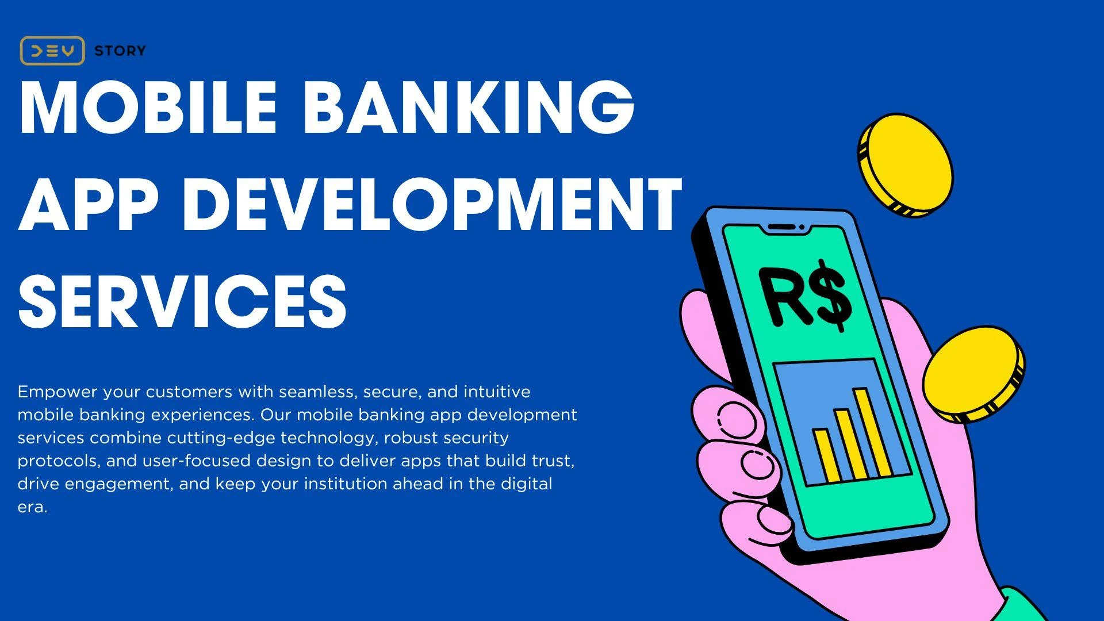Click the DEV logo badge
(x=52, y=51)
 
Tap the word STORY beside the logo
(x=120, y=51)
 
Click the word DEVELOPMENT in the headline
(x=432, y=204)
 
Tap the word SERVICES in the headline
(x=182, y=301)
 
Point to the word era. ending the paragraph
(x=32, y=507)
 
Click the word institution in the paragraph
(x=346, y=484)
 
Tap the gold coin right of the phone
(x=972, y=373)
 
